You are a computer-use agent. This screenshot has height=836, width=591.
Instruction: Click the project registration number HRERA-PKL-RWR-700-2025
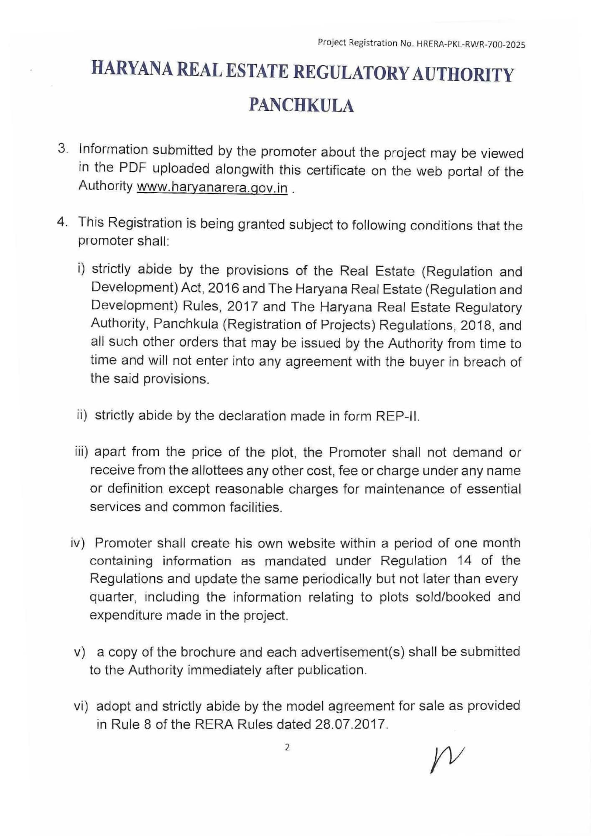pyautogui.click(x=471, y=44)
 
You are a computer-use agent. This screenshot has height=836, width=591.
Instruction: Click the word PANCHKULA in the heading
pyautogui.click(x=301, y=105)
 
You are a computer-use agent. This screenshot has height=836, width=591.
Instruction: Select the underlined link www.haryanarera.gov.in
pyautogui.click(x=212, y=188)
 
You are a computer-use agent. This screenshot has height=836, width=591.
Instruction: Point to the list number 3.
pyautogui.click(x=62, y=148)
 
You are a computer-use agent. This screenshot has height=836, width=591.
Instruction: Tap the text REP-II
pyautogui.click(x=397, y=416)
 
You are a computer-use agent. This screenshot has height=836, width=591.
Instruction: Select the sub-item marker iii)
pyautogui.click(x=82, y=452)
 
